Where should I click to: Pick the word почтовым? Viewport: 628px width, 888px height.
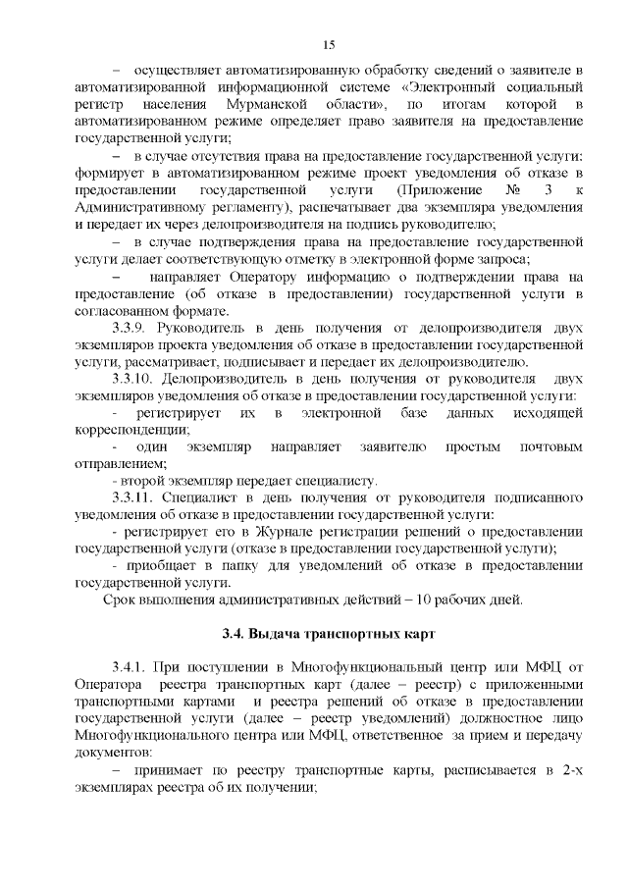click(x=550, y=445)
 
